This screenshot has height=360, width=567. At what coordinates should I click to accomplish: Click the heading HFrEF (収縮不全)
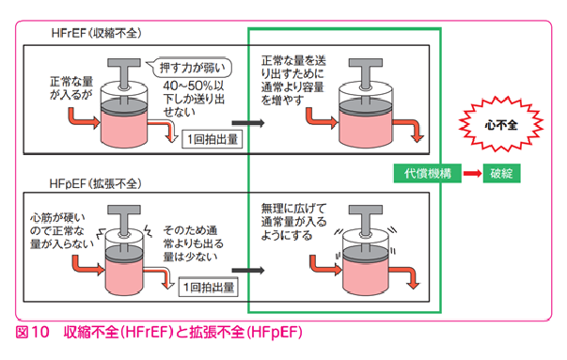click(96, 33)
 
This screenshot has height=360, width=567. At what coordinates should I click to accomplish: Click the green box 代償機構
click(427, 174)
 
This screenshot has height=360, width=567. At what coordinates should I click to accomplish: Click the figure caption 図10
click(33, 333)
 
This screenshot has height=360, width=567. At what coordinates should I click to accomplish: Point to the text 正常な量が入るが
click(73, 90)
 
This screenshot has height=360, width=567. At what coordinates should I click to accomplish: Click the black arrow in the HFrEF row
click(247, 122)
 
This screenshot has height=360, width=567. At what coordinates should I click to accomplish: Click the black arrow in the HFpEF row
click(247, 271)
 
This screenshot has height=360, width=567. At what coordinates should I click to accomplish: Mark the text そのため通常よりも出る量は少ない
click(195, 242)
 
